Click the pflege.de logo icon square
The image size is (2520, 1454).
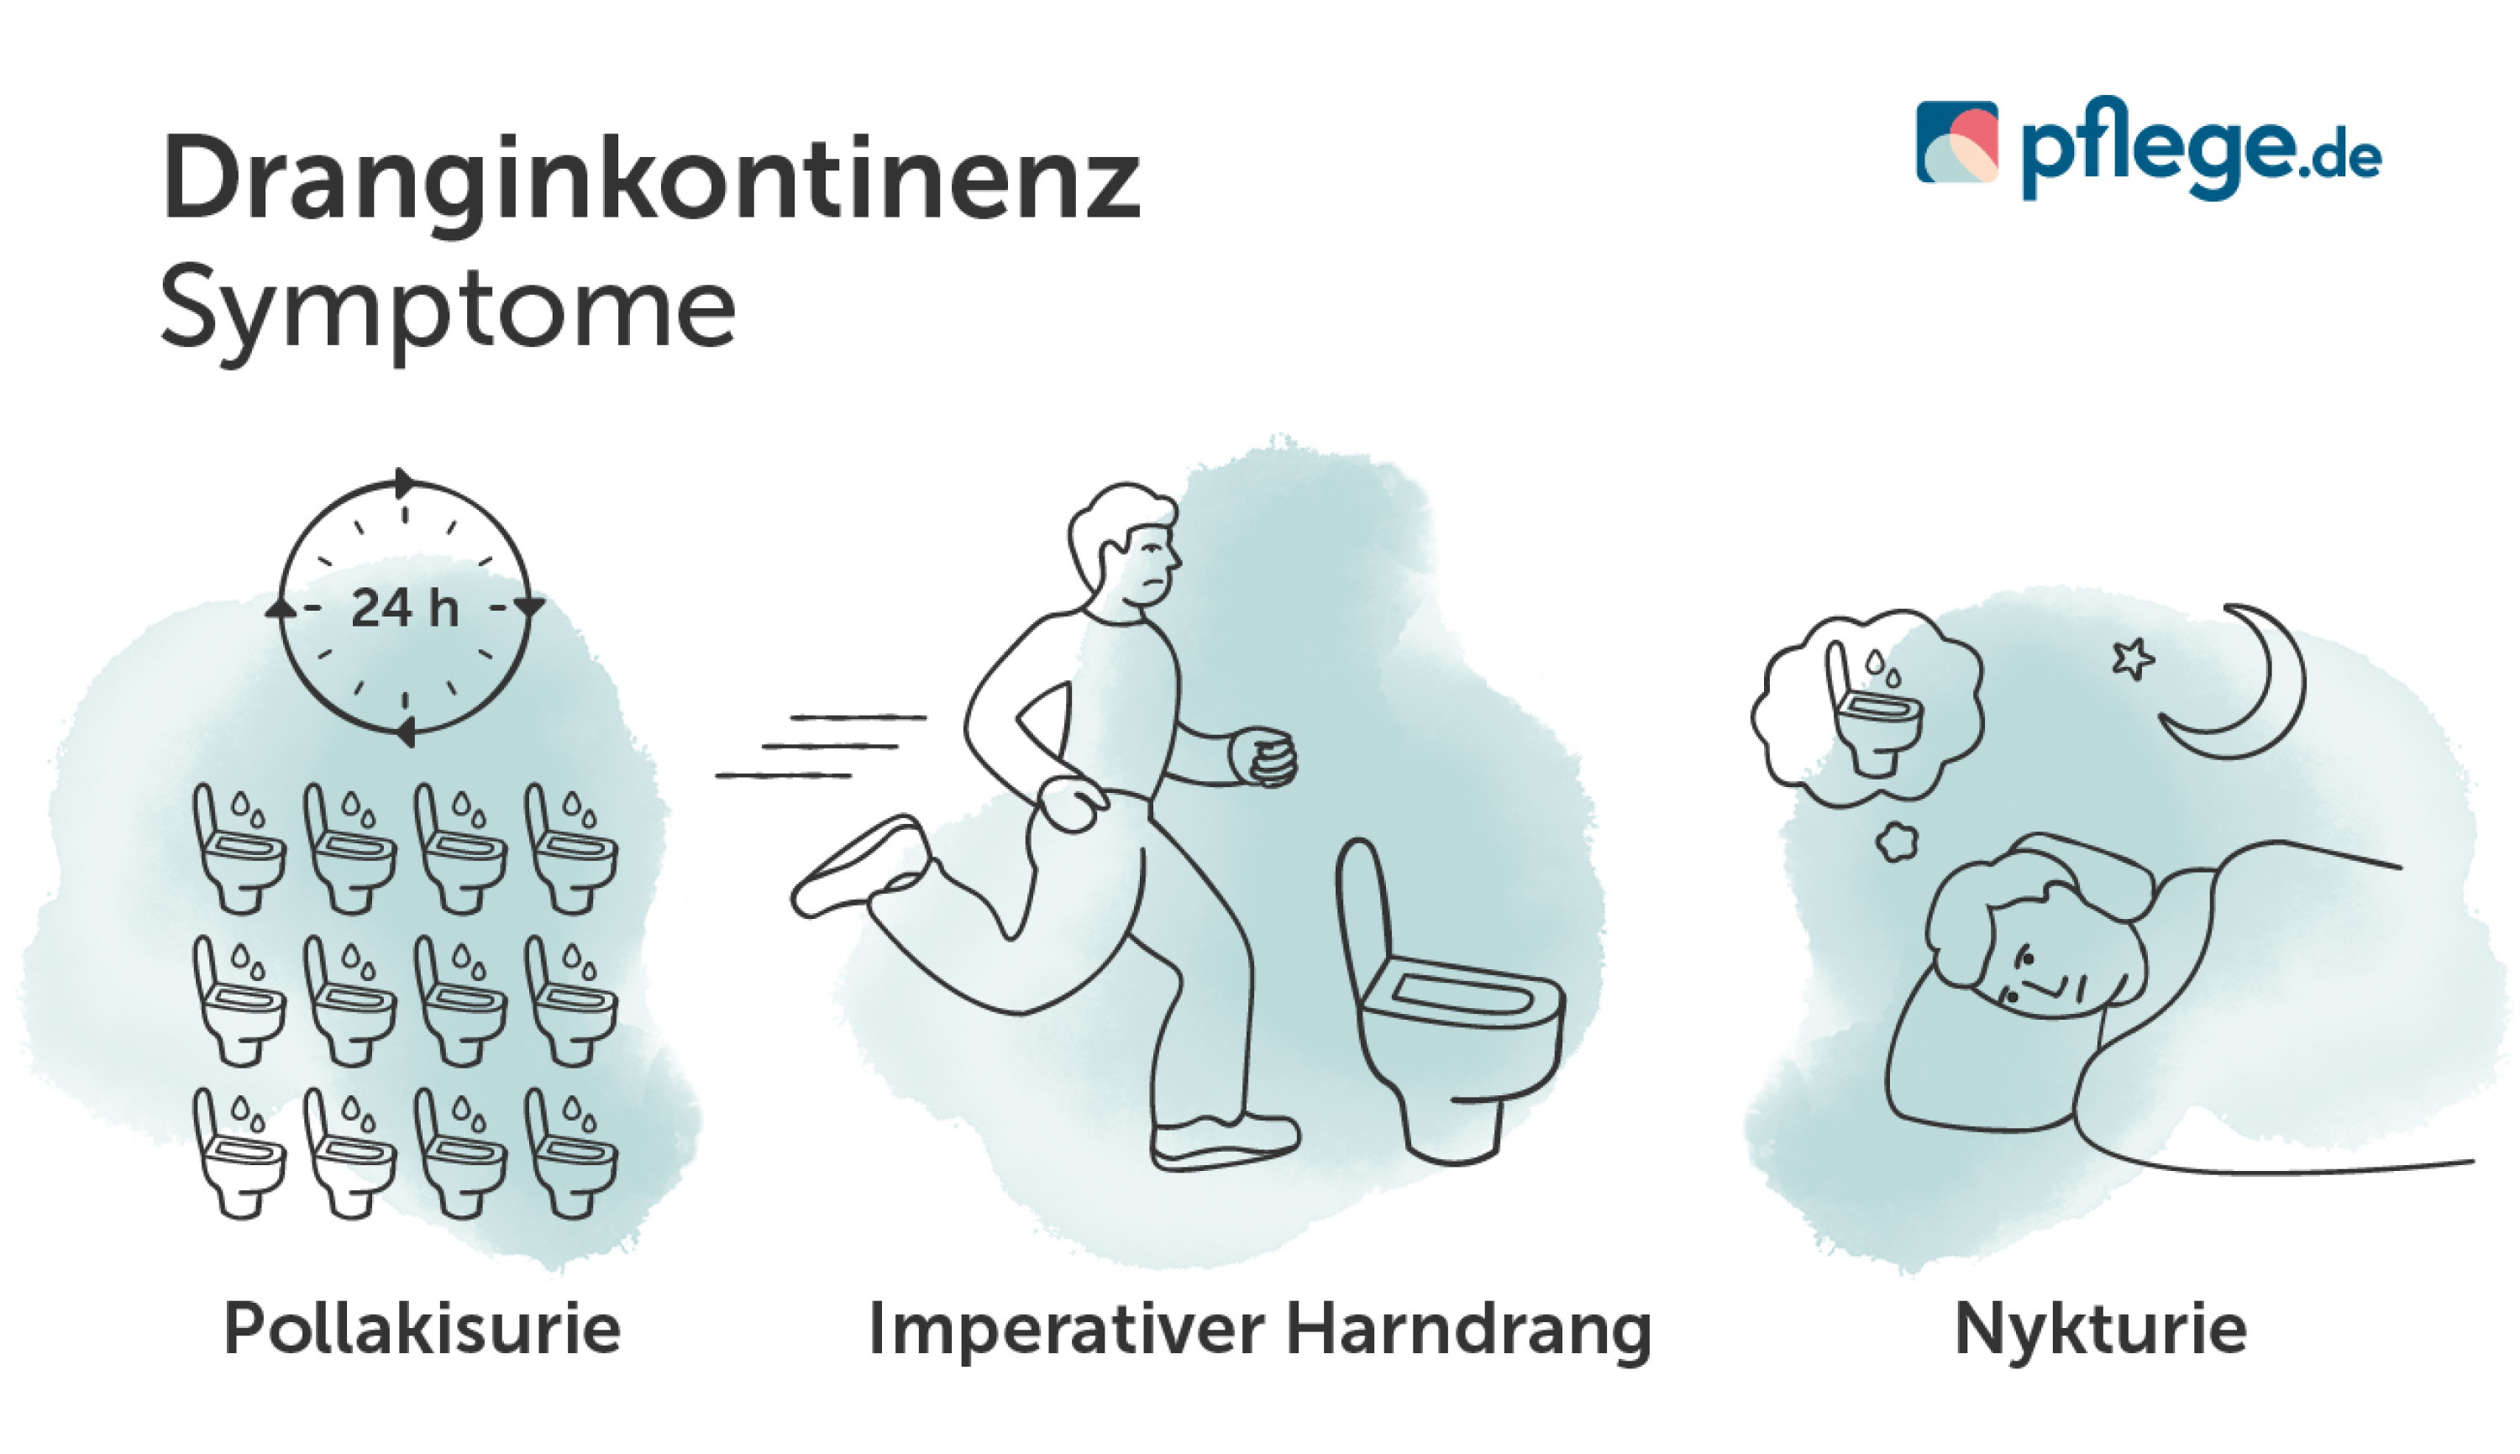point(1957,142)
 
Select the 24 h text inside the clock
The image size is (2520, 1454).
point(404,608)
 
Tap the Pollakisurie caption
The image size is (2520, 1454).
point(422,1329)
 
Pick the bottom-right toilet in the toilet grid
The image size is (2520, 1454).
point(571,1153)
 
